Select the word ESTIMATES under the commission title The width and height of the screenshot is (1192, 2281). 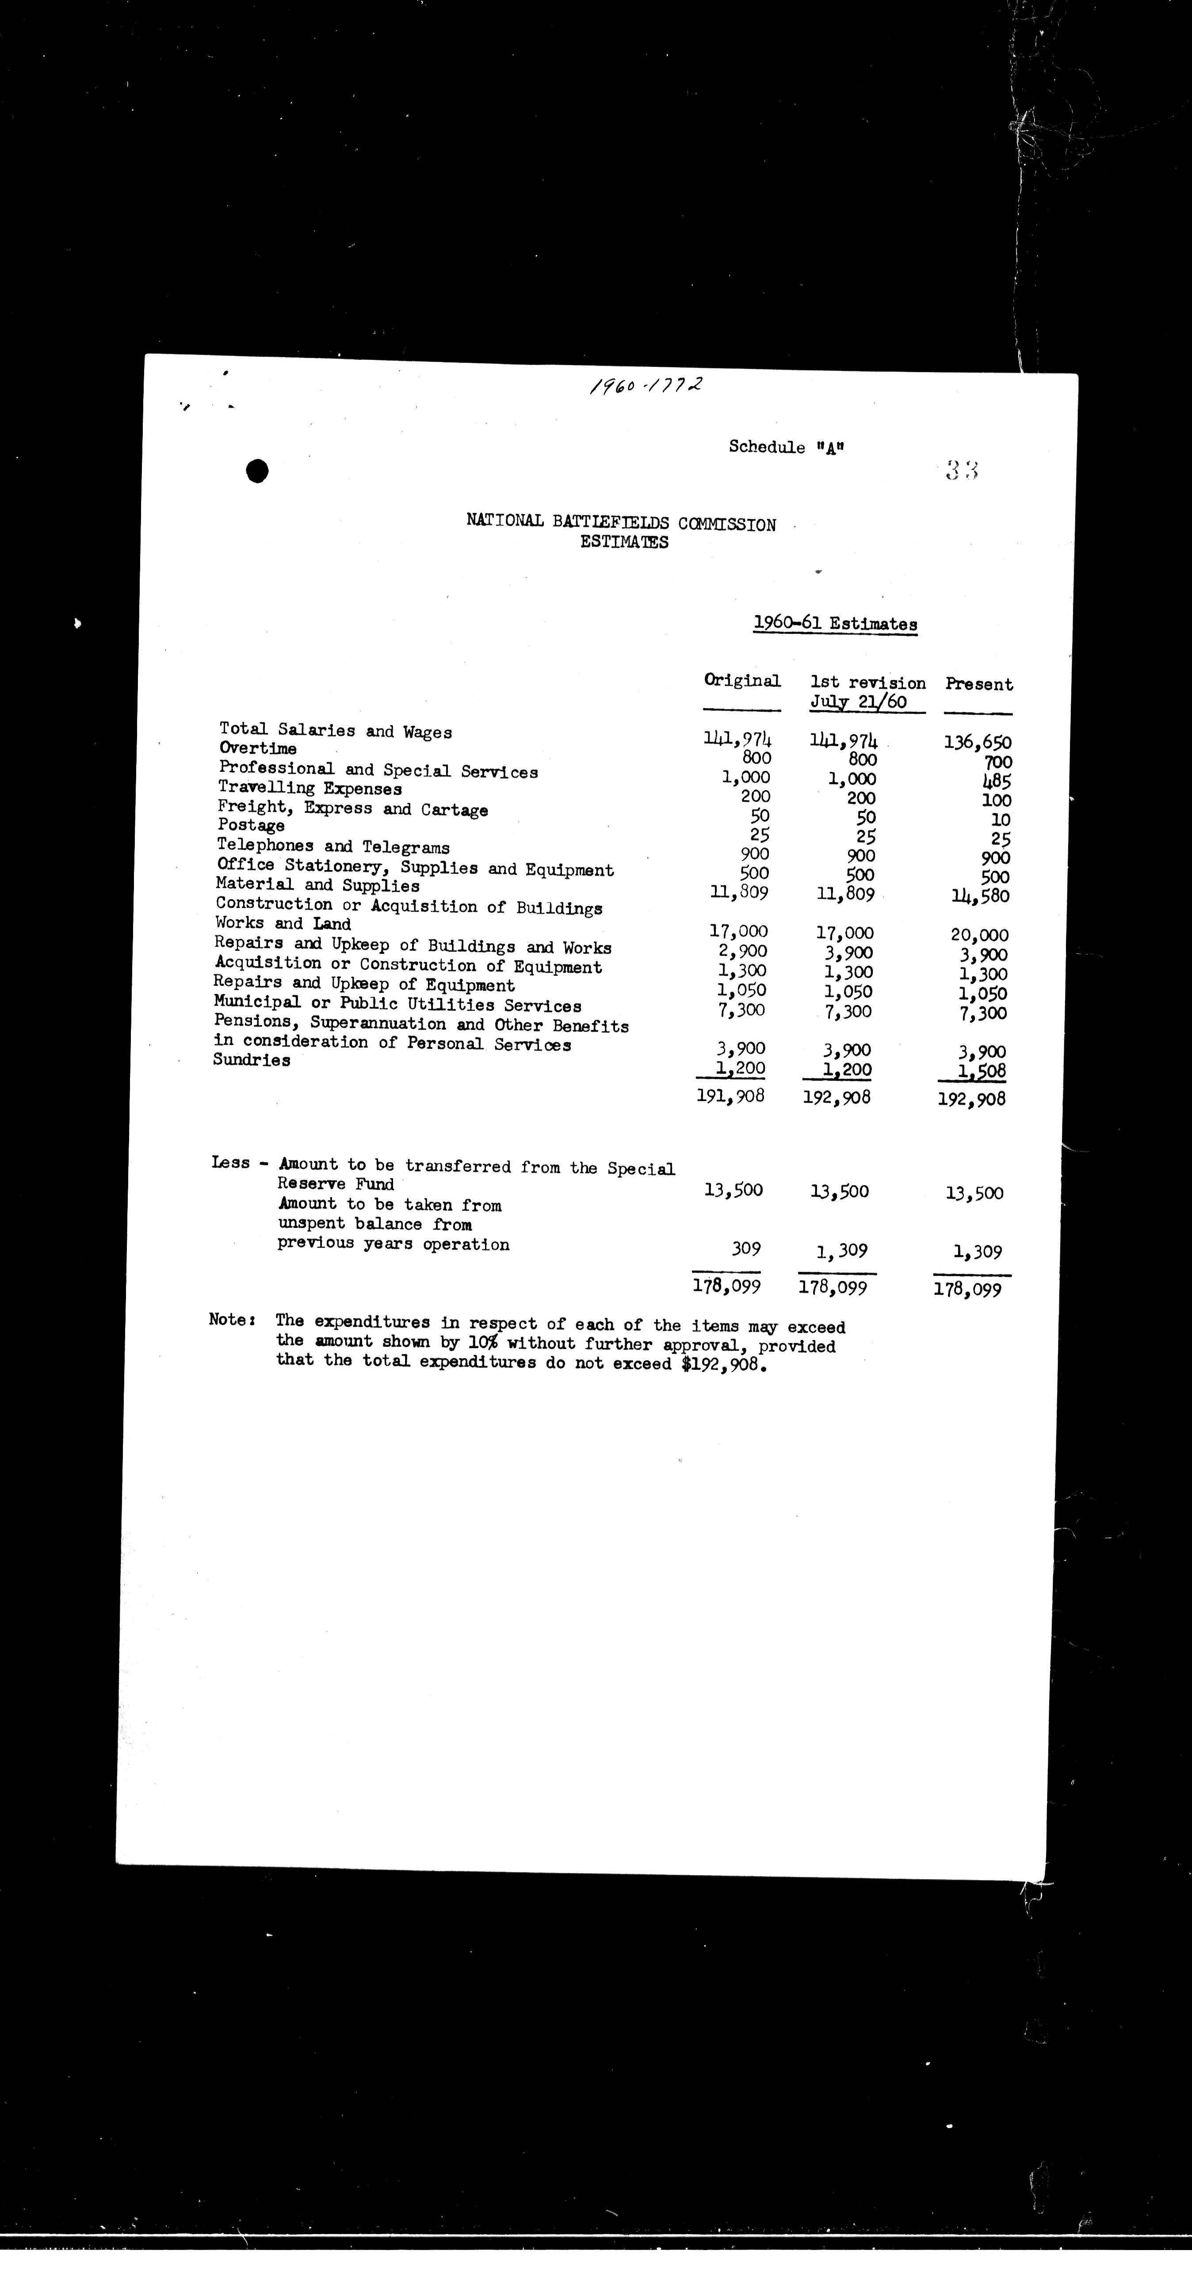624,543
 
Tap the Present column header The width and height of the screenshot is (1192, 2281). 978,684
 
